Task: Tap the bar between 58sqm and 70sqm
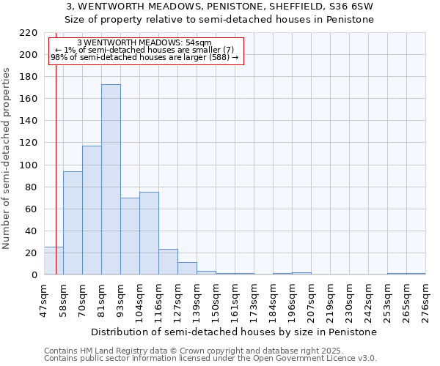(73, 223)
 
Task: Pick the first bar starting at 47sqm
(54, 261)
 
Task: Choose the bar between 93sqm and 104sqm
(130, 236)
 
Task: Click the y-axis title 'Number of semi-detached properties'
(7, 158)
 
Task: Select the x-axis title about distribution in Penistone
(235, 332)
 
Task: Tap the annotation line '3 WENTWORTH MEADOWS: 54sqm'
(144, 42)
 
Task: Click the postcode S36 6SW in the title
(351, 7)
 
